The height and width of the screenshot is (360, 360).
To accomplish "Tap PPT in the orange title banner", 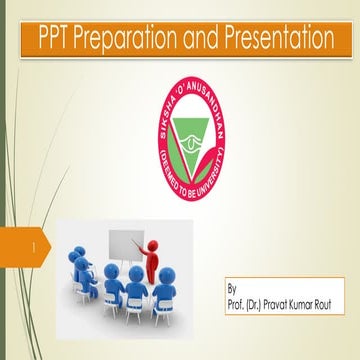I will (52, 40).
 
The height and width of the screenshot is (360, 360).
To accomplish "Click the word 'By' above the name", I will (234, 285).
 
